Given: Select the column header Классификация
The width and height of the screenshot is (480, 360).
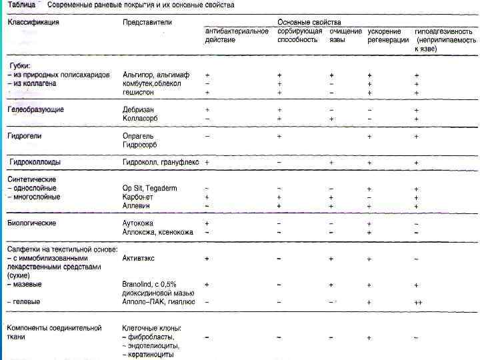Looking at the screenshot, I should coord(33,22).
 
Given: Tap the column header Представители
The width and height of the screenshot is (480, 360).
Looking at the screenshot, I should coord(147,22).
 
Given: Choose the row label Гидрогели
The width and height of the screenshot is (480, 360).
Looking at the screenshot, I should coord(25,135).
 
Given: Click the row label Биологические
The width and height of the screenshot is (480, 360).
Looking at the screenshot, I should coord(31,223).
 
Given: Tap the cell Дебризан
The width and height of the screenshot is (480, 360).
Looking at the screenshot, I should coord(139,109).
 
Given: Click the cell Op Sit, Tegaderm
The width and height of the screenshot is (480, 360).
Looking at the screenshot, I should coord(150,189).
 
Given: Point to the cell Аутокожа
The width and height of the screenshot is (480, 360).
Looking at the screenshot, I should coord(139,223).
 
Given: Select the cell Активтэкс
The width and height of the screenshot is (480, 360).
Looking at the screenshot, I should coord(141,258).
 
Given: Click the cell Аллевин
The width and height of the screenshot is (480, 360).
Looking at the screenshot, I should coord(138,207).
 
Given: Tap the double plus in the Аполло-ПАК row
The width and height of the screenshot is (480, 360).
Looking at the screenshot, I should coord(417,302).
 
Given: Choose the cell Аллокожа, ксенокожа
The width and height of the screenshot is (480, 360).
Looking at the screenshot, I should coord(158,232).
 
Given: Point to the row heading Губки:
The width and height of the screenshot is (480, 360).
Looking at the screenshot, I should coord(21,66).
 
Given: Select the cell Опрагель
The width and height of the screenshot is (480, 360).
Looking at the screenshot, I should coord(139,135).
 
